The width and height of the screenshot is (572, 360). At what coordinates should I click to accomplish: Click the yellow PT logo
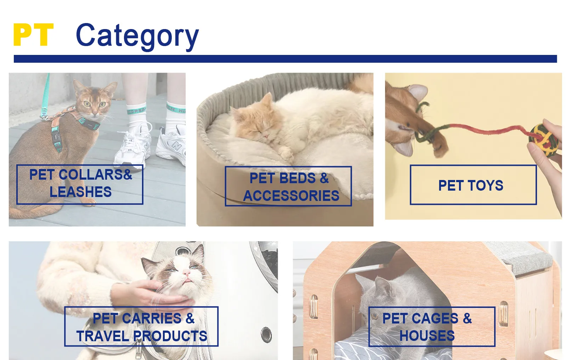pyautogui.click(x=33, y=34)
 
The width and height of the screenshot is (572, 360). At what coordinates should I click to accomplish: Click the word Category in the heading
pyautogui.click(x=137, y=36)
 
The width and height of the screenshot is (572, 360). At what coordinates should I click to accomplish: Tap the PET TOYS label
pyautogui.click(x=473, y=185)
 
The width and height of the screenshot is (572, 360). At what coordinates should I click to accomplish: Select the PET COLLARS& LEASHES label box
pyautogui.click(x=80, y=185)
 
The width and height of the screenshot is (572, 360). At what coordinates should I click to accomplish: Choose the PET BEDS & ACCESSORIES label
pyautogui.click(x=288, y=186)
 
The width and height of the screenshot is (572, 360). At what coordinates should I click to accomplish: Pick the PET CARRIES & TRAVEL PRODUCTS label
pyautogui.click(x=141, y=327)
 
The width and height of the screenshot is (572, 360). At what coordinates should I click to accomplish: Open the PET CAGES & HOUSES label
pyautogui.click(x=432, y=327)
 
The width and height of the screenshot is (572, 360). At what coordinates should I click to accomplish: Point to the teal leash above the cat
pyautogui.click(x=45, y=95)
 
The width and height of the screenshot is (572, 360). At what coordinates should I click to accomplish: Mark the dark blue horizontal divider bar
pyautogui.click(x=285, y=59)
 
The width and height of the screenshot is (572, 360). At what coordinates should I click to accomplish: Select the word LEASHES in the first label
pyautogui.click(x=80, y=192)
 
